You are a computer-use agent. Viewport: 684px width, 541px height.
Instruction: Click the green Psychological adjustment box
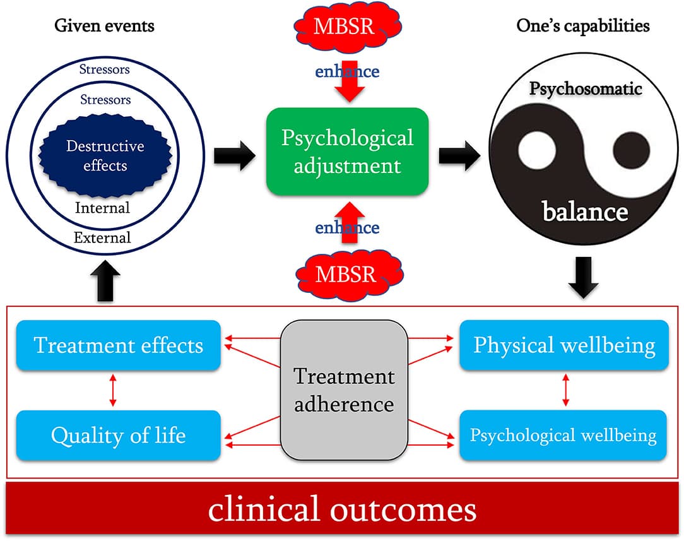coord(347,152)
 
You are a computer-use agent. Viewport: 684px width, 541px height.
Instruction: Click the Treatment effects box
coord(119,345)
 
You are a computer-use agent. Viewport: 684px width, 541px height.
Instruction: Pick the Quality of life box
coord(119,436)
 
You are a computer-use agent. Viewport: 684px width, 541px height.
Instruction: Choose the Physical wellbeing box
coord(564,345)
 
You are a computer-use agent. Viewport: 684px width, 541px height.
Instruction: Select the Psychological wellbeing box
coord(564,436)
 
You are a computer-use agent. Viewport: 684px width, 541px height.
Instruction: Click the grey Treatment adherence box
coord(344,389)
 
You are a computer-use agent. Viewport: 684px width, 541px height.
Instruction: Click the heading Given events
coord(104,26)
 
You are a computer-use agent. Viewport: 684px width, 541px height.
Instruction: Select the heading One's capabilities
coord(583,26)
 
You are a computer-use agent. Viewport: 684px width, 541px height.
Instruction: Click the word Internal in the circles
coord(102,207)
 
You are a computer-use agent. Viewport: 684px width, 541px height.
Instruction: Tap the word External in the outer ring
coord(102,238)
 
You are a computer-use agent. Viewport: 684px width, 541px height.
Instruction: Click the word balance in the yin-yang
coord(585,211)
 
